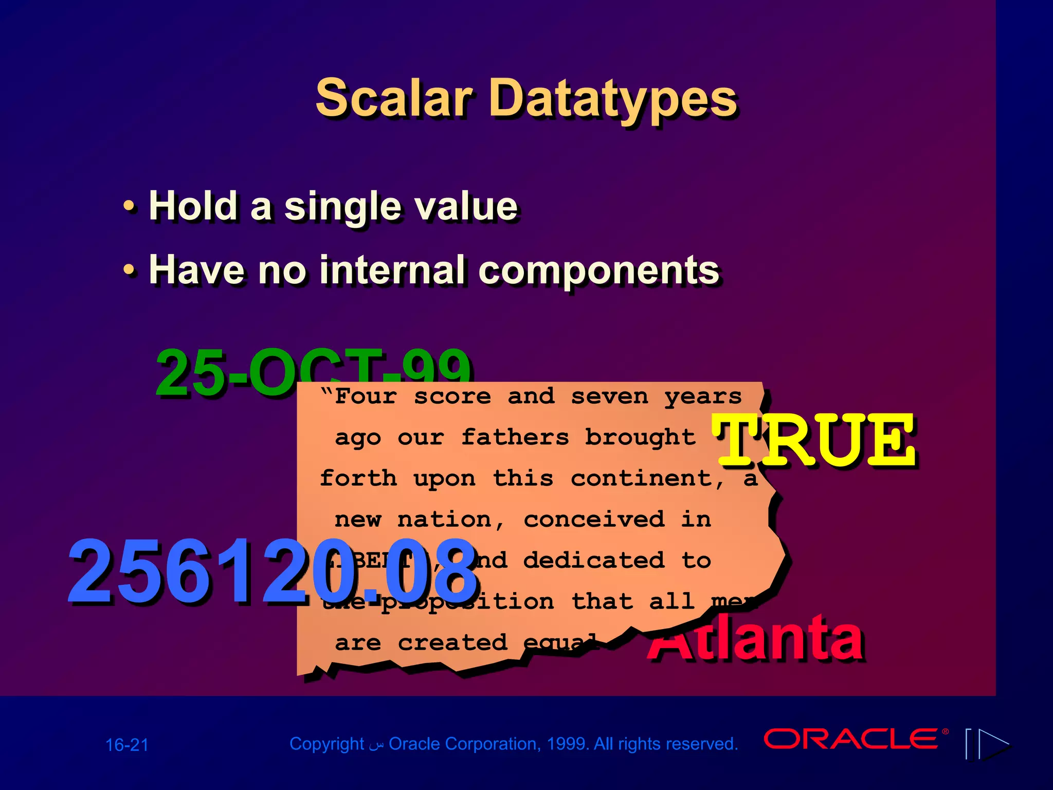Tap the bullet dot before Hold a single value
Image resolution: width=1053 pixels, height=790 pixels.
click(x=130, y=206)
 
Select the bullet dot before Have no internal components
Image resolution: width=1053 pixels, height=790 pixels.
click(x=130, y=270)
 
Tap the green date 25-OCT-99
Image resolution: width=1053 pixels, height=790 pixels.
click(x=226, y=373)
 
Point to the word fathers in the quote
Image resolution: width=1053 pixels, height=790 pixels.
click(x=515, y=437)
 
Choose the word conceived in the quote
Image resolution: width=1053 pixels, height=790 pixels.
click(x=594, y=519)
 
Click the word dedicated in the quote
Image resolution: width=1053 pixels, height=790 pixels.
click(x=594, y=561)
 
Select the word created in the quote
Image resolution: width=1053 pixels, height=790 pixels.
click(x=452, y=642)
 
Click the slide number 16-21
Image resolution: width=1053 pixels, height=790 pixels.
click(x=127, y=745)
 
